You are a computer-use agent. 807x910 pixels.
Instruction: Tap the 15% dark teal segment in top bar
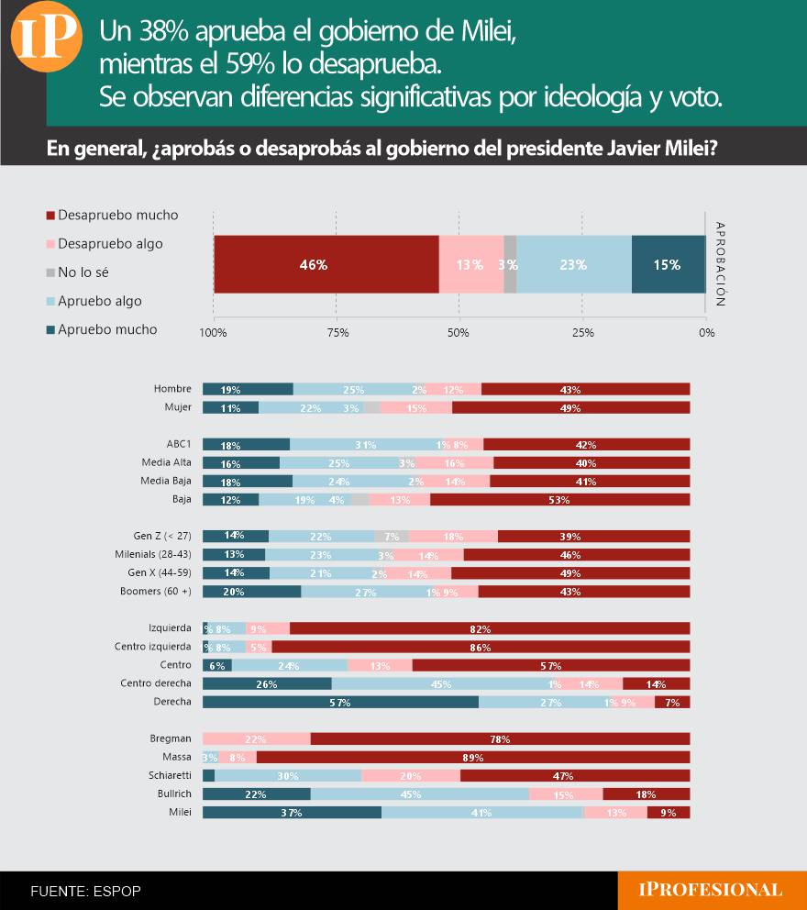(668, 264)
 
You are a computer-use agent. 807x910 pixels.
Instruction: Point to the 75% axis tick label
(337, 332)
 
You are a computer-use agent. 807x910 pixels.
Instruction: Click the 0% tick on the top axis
(705, 332)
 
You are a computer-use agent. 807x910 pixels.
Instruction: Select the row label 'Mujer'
(178, 407)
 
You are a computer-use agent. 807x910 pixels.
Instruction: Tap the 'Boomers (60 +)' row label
(155, 592)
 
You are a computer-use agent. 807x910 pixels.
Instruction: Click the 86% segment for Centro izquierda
(481, 647)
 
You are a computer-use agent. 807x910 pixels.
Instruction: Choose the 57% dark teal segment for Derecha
(340, 702)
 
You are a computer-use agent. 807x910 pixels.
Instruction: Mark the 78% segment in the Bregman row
(500, 738)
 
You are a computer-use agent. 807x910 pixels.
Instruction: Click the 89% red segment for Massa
(473, 757)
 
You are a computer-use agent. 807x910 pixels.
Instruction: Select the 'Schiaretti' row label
(170, 775)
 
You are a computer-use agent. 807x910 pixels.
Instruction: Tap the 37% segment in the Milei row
(292, 812)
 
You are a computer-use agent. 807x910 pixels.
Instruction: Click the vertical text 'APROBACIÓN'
(720, 263)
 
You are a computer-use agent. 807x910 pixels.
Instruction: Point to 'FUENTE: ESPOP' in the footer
(85, 891)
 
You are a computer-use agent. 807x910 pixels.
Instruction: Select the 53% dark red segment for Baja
(559, 500)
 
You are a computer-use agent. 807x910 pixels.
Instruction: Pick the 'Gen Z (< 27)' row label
(162, 536)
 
